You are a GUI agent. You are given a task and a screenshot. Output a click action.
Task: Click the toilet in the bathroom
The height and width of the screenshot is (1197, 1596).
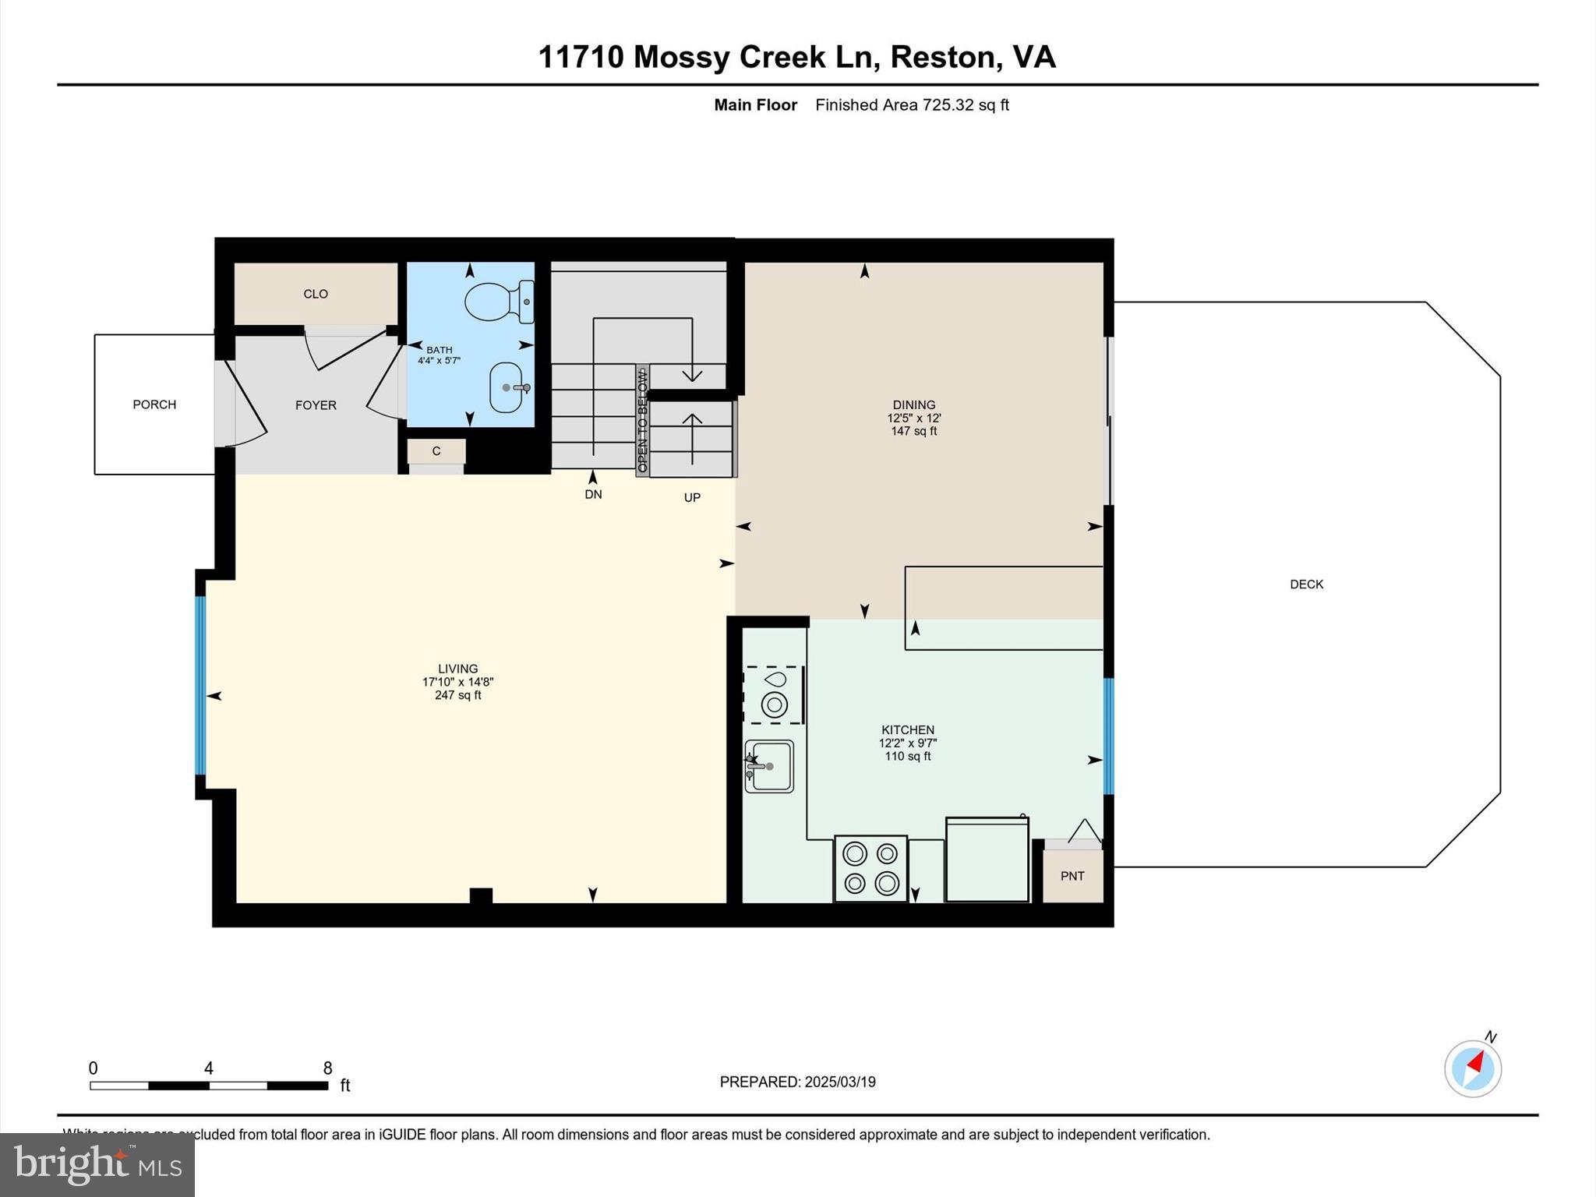[497, 302]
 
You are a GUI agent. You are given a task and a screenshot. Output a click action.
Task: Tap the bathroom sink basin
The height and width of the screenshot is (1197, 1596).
[507, 387]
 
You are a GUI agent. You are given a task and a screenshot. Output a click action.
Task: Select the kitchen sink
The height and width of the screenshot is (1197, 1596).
[769, 766]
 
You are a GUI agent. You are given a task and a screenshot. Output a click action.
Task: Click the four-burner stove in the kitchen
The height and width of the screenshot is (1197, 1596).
[870, 868]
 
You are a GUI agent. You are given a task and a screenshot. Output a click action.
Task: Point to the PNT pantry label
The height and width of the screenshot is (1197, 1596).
[1072, 876]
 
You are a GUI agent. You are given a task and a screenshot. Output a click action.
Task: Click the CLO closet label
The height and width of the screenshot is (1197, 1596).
[316, 294]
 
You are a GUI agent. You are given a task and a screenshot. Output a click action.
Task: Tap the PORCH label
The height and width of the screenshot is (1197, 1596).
[154, 404]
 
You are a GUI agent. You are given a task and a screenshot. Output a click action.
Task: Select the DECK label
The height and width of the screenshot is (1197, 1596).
[1306, 584]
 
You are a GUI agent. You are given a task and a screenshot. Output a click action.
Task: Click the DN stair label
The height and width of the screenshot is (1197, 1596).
[593, 494]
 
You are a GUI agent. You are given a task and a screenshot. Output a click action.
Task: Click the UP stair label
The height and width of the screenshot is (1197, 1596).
[692, 497]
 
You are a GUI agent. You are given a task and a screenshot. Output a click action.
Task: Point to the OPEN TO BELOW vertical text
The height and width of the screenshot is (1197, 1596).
[642, 421]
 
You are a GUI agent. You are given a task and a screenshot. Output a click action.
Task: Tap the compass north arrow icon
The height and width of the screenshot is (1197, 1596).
[1473, 1068]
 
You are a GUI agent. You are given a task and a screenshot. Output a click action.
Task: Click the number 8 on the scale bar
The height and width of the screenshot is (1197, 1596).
[328, 1068]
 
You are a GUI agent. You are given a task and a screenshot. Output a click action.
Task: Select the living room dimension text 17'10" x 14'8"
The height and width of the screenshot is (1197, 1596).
[457, 682]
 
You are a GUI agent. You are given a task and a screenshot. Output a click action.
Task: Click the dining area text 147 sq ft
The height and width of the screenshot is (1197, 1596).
[913, 431]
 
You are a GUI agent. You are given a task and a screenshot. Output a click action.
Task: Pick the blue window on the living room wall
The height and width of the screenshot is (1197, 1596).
[200, 685]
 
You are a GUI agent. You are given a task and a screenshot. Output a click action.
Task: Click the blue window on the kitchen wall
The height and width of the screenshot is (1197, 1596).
[1108, 736]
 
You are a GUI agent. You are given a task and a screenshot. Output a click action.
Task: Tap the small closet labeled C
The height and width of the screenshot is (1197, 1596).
[436, 451]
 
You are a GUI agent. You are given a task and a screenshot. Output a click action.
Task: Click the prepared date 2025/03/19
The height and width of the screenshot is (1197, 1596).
[840, 1082]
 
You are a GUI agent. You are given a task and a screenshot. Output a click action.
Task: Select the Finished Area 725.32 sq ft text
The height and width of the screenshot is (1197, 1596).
[912, 105]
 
